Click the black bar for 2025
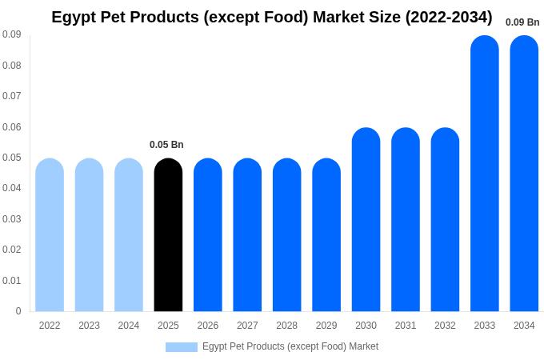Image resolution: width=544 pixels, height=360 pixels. click(168, 235)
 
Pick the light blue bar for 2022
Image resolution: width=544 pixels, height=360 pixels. click(50, 235)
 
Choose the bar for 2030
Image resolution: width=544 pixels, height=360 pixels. click(366, 220)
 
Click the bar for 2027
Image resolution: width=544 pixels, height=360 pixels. click(247, 235)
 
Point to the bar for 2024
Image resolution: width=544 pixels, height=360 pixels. click(129, 235)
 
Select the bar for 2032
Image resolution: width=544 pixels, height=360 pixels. click(445, 220)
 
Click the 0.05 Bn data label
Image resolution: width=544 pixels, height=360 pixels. click(166, 145)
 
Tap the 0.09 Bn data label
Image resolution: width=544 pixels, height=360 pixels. click(522, 22)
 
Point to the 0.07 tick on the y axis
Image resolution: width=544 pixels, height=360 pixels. click(11, 96)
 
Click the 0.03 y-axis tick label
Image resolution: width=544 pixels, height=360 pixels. click(11, 219)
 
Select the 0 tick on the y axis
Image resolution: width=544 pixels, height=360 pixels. click(18, 311)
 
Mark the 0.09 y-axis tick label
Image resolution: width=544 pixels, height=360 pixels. click(11, 34)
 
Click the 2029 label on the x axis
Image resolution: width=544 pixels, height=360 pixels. click(326, 326)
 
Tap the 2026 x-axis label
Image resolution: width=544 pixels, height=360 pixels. click(208, 326)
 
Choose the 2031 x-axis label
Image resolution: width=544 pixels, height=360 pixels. click(406, 326)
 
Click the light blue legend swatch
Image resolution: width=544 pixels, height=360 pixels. click(181, 347)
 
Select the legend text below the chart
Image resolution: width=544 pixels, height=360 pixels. click(290, 346)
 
